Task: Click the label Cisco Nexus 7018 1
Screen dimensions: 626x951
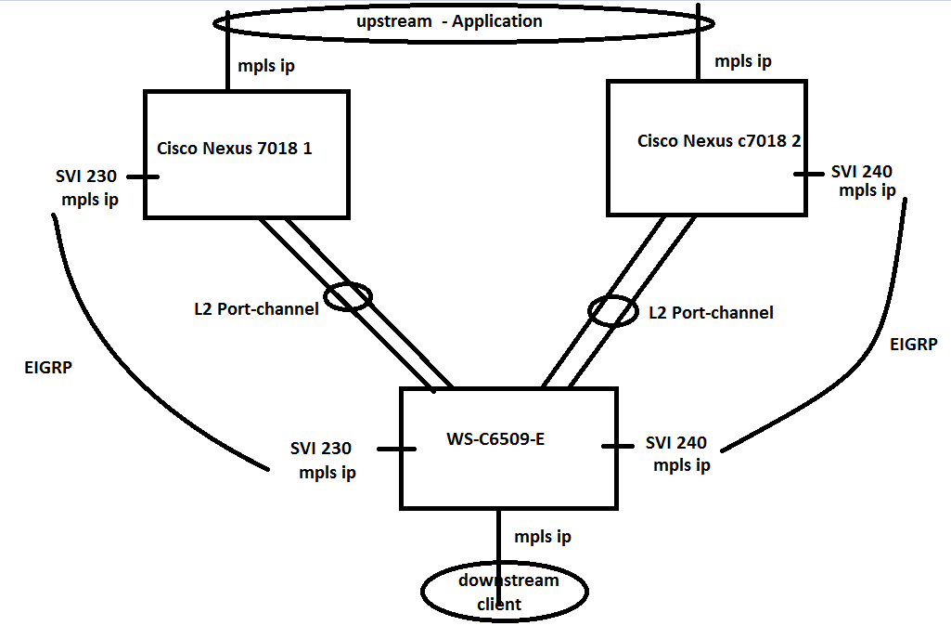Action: click(x=234, y=148)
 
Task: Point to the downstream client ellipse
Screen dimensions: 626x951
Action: click(x=505, y=592)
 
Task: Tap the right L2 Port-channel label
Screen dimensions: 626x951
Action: click(x=712, y=313)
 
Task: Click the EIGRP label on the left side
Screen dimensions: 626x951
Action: click(x=49, y=368)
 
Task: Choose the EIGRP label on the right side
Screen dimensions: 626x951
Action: click(x=913, y=345)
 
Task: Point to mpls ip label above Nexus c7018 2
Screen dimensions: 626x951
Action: click(x=744, y=61)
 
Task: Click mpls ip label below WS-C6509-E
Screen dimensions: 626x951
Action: click(x=542, y=537)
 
